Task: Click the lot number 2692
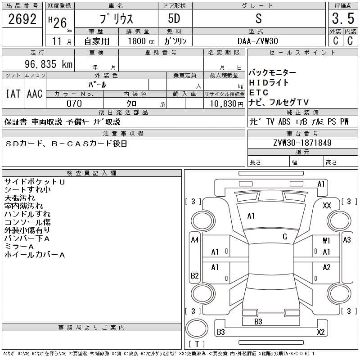[22, 19]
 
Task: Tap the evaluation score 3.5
[342, 19]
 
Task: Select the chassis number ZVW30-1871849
[302, 143]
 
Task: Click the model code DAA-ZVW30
[258, 41]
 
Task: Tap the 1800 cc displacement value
[138, 41]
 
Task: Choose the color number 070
[74, 103]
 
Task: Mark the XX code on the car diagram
[327, 205]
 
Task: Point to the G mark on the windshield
[285, 237]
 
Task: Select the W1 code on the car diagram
[327, 241]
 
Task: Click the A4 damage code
[194, 240]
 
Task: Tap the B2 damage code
[194, 275]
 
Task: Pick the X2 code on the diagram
[321, 332]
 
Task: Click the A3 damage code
[346, 240]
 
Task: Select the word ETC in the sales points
[259, 93]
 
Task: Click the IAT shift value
[13, 94]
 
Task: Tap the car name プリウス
[116, 19]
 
